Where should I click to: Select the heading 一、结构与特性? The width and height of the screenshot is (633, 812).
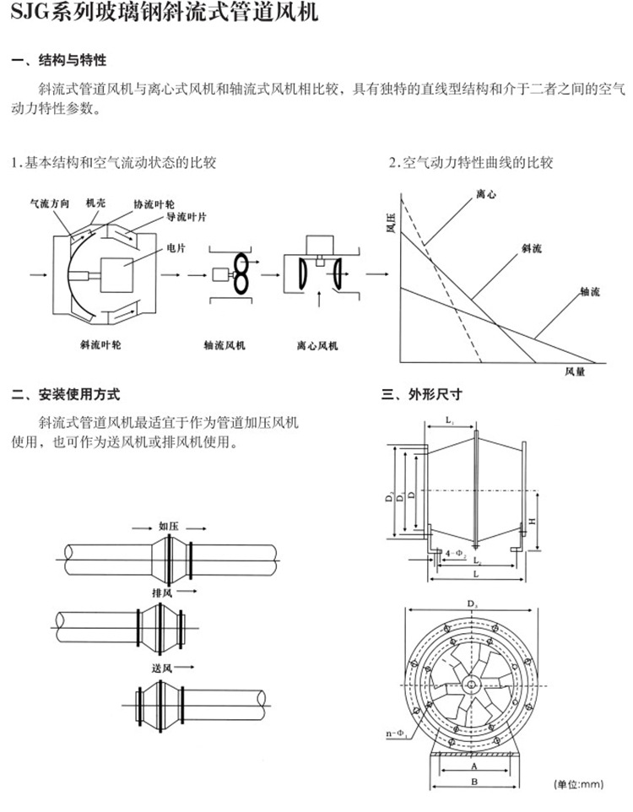point(58,61)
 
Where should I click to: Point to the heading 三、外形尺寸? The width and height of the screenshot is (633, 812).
point(422,394)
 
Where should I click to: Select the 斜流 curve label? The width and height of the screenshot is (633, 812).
point(532,248)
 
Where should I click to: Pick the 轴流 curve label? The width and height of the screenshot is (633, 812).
point(589,291)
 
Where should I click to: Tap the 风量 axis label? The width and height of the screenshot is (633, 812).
point(575,371)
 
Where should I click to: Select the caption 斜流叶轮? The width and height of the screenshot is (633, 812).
point(100,345)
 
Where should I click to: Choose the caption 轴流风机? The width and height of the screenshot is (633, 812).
point(225,345)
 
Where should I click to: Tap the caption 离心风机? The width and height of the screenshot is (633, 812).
point(317,345)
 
